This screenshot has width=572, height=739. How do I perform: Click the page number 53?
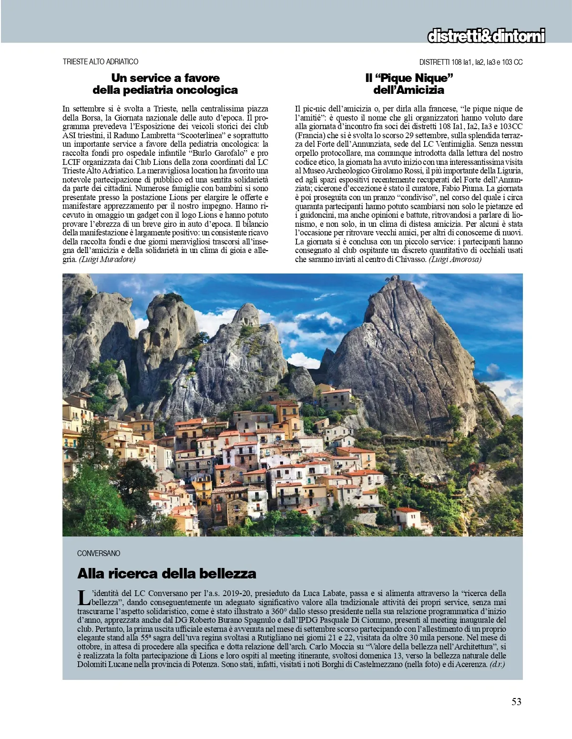(x=516, y=701)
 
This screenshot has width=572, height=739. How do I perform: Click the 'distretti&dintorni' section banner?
(x=486, y=36)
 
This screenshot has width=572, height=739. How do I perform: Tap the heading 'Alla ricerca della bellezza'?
(x=166, y=573)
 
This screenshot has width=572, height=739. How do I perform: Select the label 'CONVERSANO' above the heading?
(x=99, y=553)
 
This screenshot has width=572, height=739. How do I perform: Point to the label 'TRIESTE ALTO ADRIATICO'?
(x=101, y=62)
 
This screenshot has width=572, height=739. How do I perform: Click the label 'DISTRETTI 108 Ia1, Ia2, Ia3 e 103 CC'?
(x=471, y=62)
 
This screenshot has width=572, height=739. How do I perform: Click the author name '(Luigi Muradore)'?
(x=107, y=259)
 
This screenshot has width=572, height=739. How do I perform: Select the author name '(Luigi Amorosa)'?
(x=455, y=259)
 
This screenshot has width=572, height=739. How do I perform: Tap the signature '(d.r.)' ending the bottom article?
(x=497, y=664)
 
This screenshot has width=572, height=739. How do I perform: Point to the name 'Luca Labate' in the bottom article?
(x=328, y=593)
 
